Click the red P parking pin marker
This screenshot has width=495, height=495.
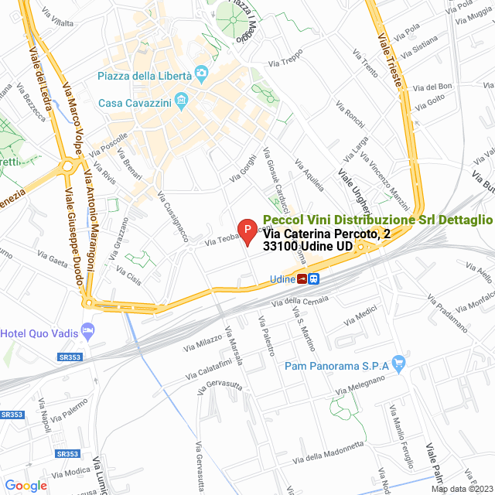click(x=247, y=230)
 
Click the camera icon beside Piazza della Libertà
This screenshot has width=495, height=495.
click(x=202, y=74)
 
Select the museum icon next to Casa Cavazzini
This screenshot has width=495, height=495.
click(x=182, y=99)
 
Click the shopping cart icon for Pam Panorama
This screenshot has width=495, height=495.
click(x=399, y=362)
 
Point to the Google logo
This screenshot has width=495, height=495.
click(x=26, y=485)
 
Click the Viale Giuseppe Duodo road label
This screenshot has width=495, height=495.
click(x=73, y=237)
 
